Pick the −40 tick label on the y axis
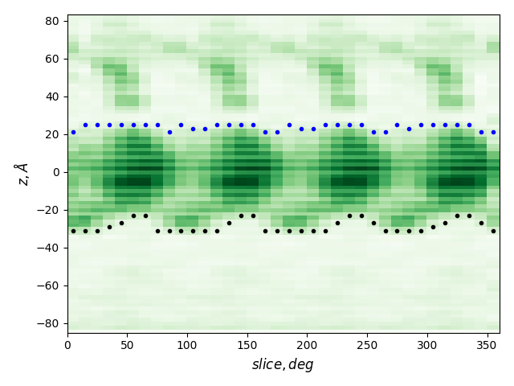[51, 248]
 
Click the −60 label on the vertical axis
[51, 285]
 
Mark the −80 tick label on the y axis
[51, 323]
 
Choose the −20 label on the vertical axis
[51, 210]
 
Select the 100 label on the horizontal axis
[187, 345]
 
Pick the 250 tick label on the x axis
[367, 345]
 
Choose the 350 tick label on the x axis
[487, 345]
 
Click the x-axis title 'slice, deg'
[283, 364]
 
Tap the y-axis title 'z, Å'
[22, 174]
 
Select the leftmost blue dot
[73, 132]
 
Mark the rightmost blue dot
[493, 132]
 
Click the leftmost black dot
[73, 231]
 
